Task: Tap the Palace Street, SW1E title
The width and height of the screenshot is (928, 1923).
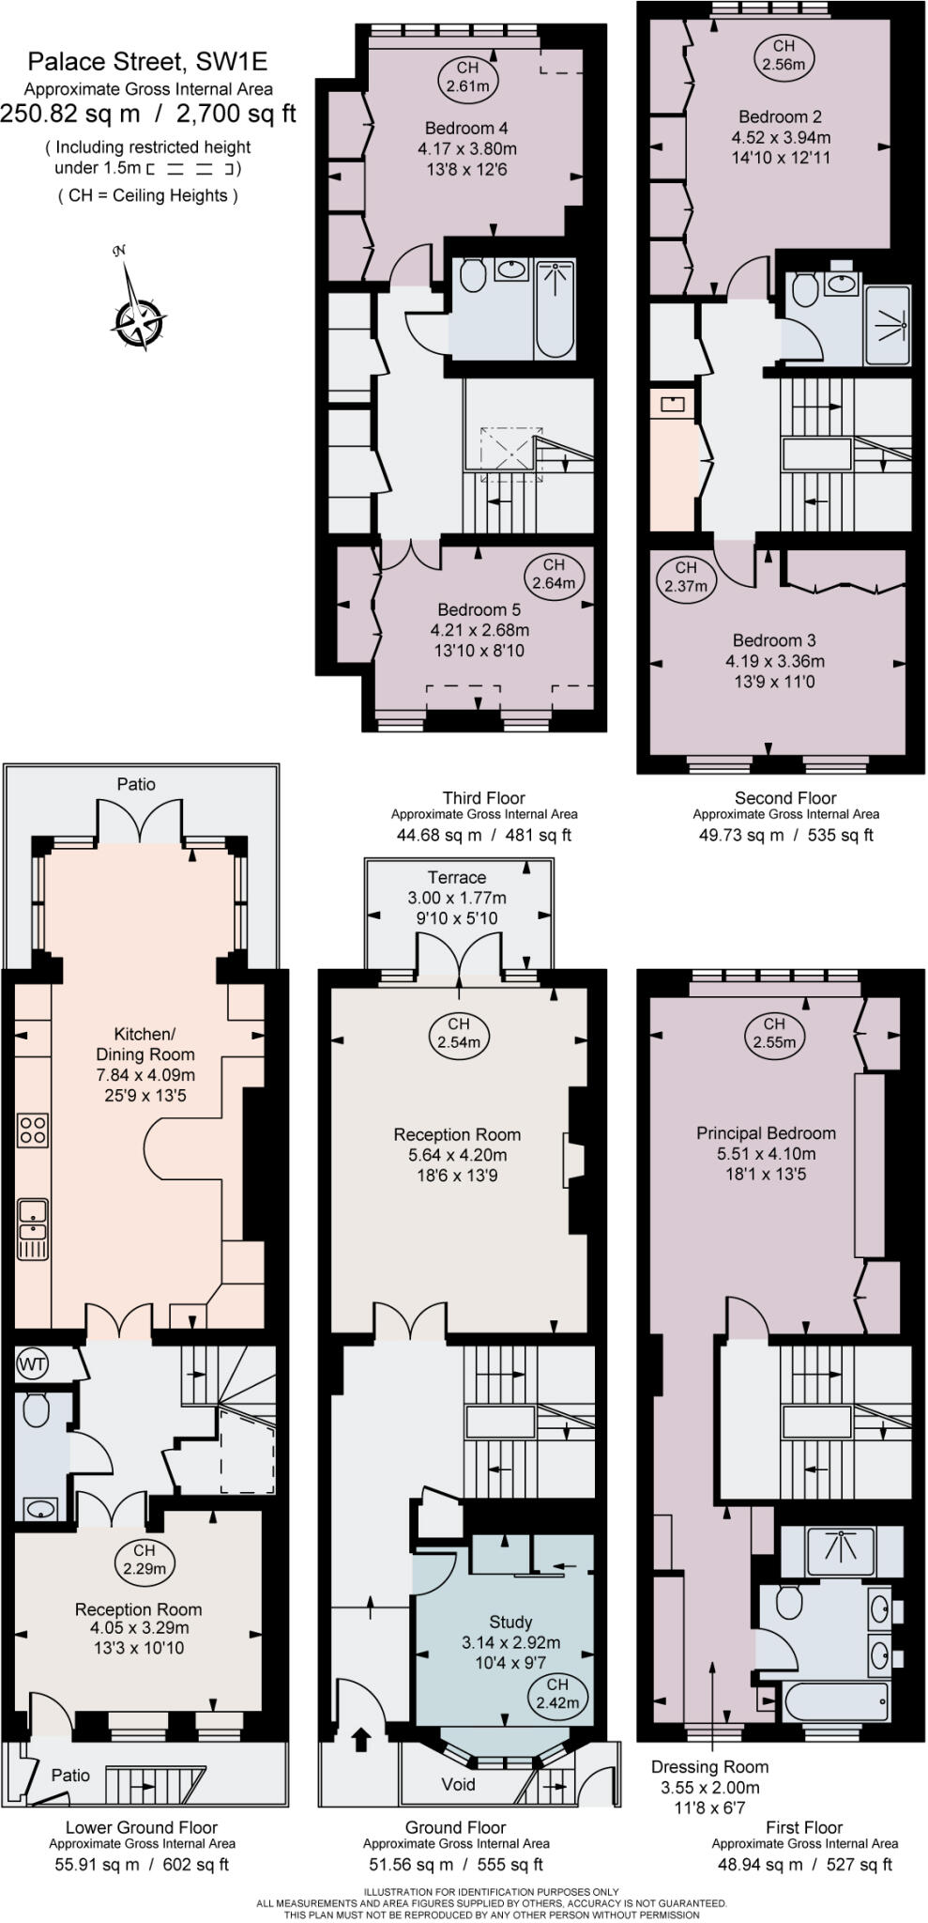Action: (147, 63)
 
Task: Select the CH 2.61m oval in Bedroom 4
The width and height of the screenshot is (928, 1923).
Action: (466, 77)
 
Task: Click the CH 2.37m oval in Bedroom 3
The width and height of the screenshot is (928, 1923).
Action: (686, 577)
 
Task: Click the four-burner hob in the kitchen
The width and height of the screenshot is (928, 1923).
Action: (33, 1130)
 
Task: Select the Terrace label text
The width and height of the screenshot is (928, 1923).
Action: (457, 877)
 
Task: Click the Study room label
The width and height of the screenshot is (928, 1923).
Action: (510, 1622)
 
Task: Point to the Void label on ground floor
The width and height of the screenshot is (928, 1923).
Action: (458, 1784)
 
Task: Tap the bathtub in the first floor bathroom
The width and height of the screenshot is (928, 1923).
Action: (835, 1701)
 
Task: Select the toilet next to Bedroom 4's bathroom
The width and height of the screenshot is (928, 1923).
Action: (473, 275)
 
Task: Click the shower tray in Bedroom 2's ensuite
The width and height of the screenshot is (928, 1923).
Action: (887, 325)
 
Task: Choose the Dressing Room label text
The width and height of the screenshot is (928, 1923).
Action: (709, 1767)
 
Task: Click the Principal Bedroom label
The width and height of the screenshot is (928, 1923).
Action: (766, 1133)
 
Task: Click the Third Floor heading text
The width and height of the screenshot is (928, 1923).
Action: (483, 798)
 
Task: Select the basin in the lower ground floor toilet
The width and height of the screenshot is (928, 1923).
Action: (40, 1509)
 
